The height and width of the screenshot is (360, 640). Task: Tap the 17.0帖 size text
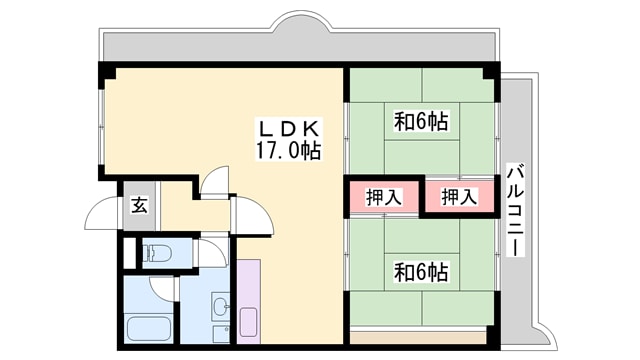pos(288,152)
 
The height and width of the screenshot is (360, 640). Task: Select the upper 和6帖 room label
pos(421,123)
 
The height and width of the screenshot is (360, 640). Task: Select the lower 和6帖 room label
pos(420,271)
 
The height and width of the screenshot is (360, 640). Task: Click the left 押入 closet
pos(384,197)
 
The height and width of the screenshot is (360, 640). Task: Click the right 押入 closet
pos(459,197)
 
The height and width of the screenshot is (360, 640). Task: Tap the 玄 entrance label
pos(140,206)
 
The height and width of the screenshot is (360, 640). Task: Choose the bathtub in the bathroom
pos(150,327)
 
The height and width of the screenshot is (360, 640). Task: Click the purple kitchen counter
pos(249,300)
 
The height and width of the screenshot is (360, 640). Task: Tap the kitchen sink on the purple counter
pos(248,322)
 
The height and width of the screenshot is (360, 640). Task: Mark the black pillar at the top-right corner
pos(490,72)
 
